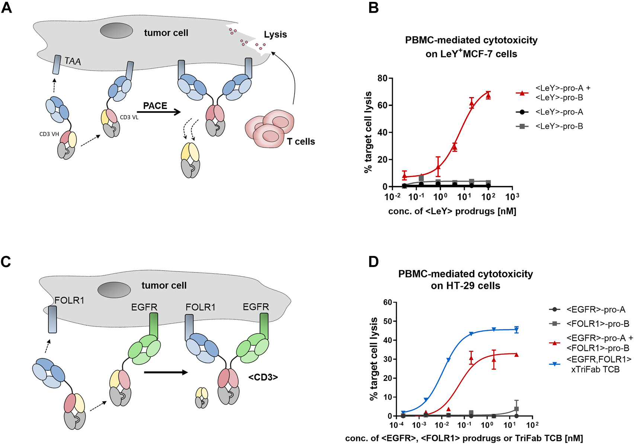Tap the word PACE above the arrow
(x=155, y=106)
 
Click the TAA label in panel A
(x=73, y=61)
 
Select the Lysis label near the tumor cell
(x=275, y=35)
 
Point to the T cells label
(x=301, y=142)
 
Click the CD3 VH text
(x=49, y=134)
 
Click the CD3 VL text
(x=129, y=118)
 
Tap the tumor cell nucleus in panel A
(x=116, y=30)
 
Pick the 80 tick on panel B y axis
(x=382, y=78)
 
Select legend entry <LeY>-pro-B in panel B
(x=559, y=126)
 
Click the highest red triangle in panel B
(x=488, y=96)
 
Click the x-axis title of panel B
(x=452, y=212)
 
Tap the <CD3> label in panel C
(x=263, y=377)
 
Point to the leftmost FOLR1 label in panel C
(x=69, y=300)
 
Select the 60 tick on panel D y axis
(x=387, y=302)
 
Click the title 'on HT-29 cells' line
(x=465, y=286)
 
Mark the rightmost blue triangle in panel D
(x=516, y=329)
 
